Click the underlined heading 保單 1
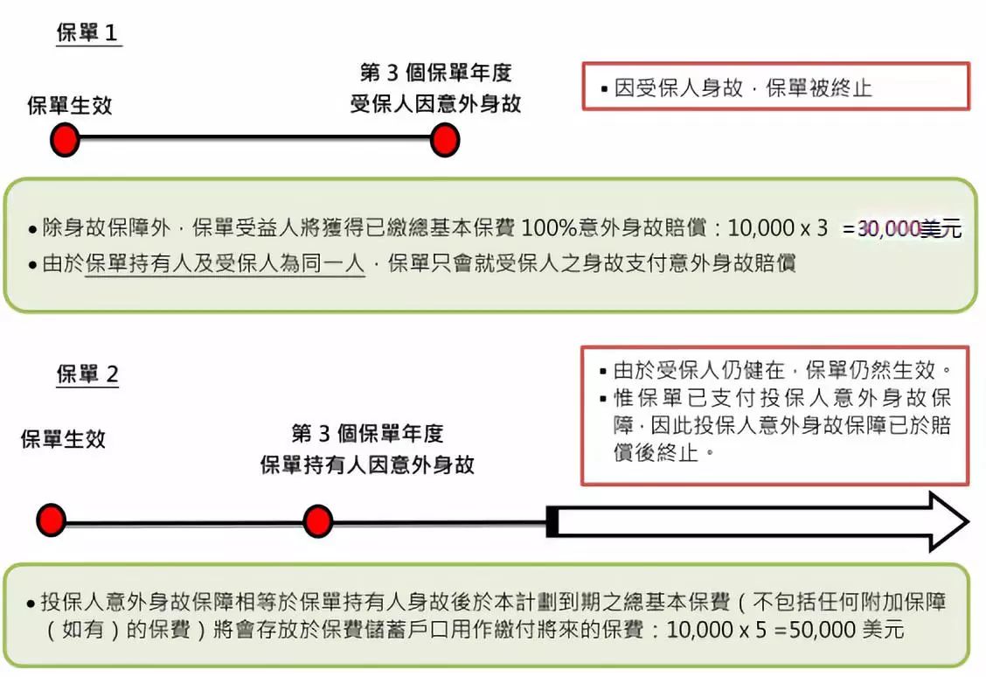[87, 32]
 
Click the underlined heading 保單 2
[87, 373]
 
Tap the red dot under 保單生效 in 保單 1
[65, 139]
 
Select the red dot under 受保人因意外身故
[445, 140]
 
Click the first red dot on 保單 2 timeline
[52, 520]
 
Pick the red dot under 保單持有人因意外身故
[317, 521]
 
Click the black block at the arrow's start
[552, 521]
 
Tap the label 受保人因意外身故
[436, 104]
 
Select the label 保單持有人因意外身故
[367, 465]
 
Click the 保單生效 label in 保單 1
[70, 105]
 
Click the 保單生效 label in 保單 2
[63, 438]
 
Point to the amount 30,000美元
[909, 228]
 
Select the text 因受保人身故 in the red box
[678, 87]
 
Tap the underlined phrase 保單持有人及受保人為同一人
[226, 263]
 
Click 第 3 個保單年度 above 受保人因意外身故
[436, 73]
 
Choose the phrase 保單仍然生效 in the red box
[871, 370]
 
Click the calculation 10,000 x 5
[716, 629]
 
